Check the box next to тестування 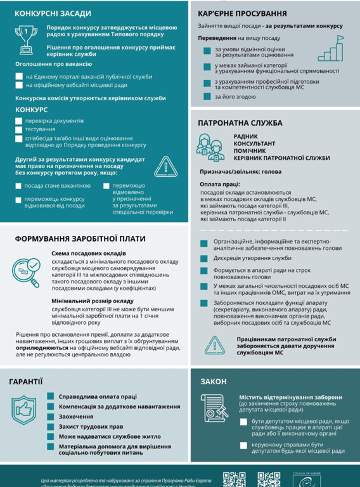20,129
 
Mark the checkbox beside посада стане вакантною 19,186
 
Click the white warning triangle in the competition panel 165,167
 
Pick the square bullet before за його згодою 207,97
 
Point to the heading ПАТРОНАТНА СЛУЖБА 240,123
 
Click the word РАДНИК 246,136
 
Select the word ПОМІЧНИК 250,150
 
